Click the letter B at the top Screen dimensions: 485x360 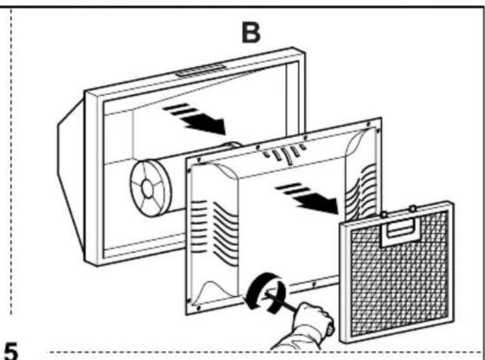pyautogui.click(x=251, y=33)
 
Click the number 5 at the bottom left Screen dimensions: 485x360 pyautogui.click(x=10, y=351)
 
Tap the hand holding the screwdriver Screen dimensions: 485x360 pyautogui.click(x=309, y=325)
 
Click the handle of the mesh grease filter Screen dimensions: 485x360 pyautogui.click(x=401, y=231)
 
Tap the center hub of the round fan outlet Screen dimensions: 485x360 pyautogui.click(x=147, y=188)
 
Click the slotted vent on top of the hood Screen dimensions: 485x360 pyautogui.click(x=200, y=70)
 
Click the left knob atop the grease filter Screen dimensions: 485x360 pyautogui.click(x=384, y=214)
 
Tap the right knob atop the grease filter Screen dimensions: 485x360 pyautogui.click(x=413, y=209)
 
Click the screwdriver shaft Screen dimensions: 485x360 pyautogui.click(x=280, y=301)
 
